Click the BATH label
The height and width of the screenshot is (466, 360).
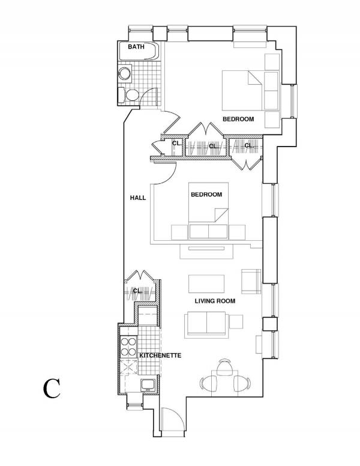[x=136, y=47]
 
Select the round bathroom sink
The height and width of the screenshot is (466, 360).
[x=125, y=73]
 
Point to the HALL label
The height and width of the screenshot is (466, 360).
[x=138, y=198]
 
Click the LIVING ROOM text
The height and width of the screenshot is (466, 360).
[x=215, y=301]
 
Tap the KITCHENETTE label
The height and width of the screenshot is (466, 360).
[x=160, y=356]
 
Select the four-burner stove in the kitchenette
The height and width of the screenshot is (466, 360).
[x=128, y=346]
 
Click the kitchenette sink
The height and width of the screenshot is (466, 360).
[x=148, y=385]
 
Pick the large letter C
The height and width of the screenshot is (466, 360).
[x=52, y=389]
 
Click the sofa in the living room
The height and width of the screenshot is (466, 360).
[x=205, y=325]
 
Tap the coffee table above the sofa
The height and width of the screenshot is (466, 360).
[x=206, y=284]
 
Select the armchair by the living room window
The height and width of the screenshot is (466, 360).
[x=251, y=281]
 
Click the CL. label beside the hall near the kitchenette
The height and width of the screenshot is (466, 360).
[x=137, y=291]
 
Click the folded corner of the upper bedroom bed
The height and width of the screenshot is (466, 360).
[x=256, y=79]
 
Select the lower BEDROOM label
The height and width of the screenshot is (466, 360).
[x=206, y=195]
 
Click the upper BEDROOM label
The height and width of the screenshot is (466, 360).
[x=238, y=119]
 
